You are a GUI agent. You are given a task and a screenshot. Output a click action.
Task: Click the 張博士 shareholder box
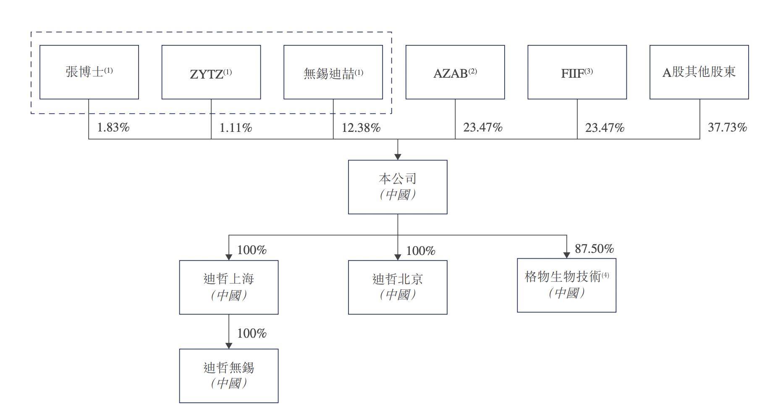click(x=89, y=72)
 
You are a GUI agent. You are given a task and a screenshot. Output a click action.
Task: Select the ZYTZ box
click(x=211, y=72)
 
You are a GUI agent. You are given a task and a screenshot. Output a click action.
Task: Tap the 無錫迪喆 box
click(x=333, y=72)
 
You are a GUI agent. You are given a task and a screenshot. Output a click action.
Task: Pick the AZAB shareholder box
click(x=455, y=72)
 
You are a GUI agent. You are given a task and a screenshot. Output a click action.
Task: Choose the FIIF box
click(x=577, y=72)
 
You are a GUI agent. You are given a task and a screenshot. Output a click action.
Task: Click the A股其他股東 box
click(x=699, y=72)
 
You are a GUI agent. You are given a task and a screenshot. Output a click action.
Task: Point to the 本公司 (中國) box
click(x=398, y=187)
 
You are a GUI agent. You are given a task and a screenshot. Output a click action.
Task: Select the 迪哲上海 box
click(x=229, y=287)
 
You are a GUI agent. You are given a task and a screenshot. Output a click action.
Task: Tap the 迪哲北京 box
click(x=398, y=287)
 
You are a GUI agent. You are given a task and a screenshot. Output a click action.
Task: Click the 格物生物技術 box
click(x=566, y=285)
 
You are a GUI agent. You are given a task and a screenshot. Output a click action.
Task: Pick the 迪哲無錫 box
click(x=229, y=376)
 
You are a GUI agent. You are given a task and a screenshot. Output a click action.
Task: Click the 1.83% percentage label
click(x=113, y=128)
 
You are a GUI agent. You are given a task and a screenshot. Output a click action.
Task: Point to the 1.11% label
click(x=236, y=128)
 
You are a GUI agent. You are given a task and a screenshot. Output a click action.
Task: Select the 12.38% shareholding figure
click(x=361, y=128)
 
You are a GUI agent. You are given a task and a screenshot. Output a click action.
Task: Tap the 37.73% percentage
click(x=727, y=127)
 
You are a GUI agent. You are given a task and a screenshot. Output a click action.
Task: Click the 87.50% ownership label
click(x=594, y=249)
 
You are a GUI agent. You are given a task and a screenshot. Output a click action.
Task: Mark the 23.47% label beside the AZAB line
click(x=483, y=127)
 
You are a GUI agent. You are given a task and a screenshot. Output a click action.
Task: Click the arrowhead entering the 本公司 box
click(x=398, y=157)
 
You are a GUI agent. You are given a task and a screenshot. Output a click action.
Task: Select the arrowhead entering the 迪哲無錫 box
click(x=229, y=346)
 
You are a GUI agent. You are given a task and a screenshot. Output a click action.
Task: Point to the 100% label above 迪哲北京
click(x=421, y=251)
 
